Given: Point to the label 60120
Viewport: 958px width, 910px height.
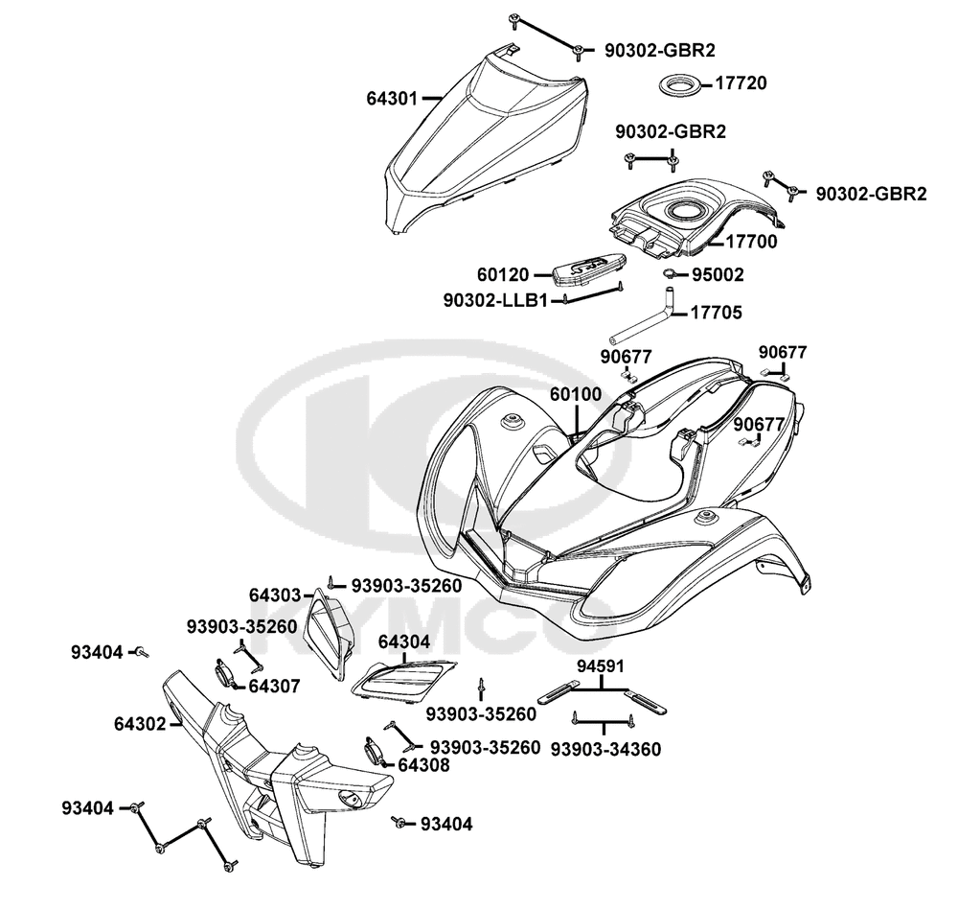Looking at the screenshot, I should (502, 275).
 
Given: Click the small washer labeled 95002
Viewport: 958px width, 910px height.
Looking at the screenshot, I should (671, 276).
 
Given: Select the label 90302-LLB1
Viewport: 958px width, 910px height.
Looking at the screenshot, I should (496, 300).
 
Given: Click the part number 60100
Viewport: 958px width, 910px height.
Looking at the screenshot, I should (576, 394).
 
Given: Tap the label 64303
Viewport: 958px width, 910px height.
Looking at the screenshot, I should (276, 595).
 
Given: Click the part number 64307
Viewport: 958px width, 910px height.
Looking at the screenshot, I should (275, 686).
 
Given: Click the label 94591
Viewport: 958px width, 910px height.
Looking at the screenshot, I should (601, 665).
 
